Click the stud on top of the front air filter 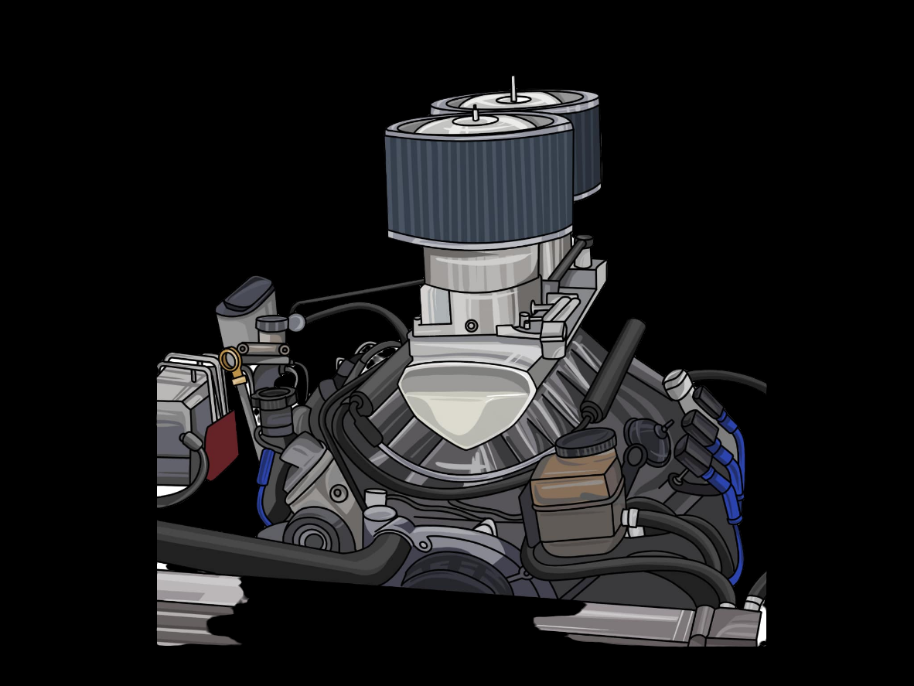475,114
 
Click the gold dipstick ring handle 230,360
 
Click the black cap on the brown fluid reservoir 585,442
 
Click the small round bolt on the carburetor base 471,326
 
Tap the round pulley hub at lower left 312,537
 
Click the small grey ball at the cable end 296,323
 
